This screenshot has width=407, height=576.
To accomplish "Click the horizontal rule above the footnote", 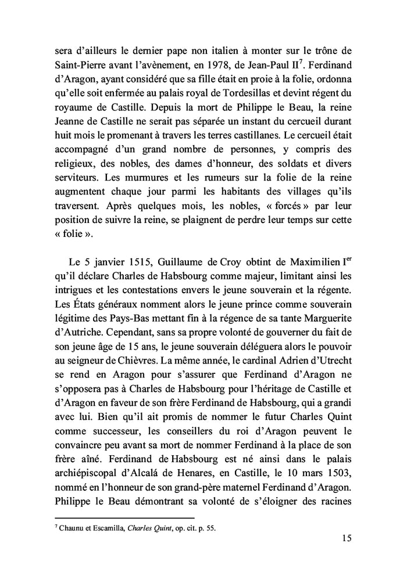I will pos(124,516).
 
